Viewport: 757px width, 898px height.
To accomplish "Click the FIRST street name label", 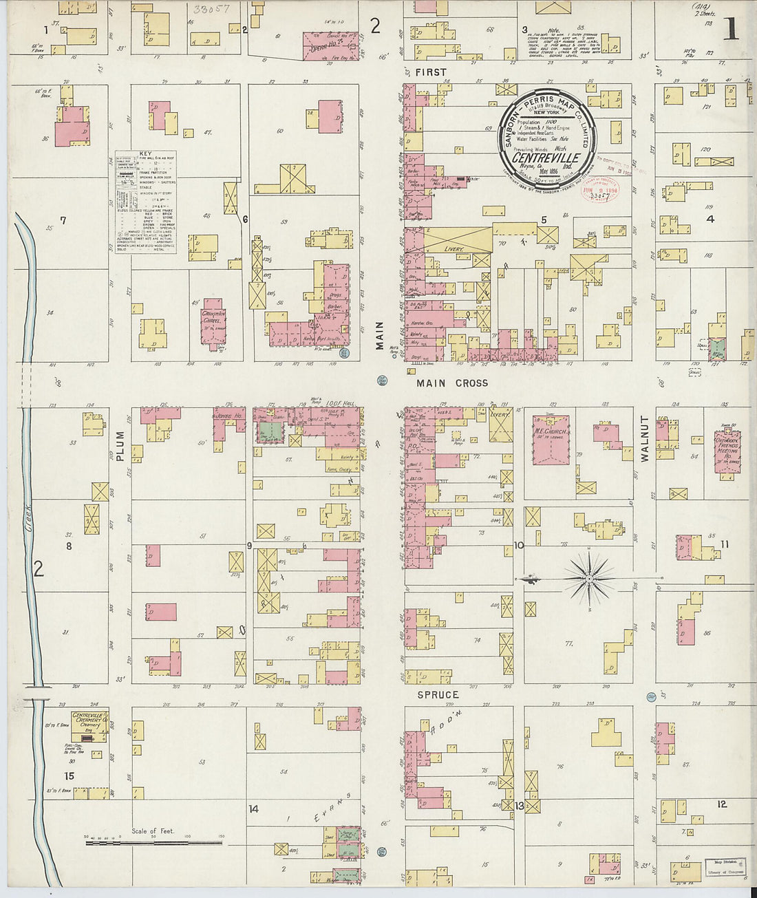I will pos(431,72).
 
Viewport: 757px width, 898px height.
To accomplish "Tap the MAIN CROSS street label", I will pos(452,383).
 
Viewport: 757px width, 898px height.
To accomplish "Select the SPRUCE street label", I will pos(438,695).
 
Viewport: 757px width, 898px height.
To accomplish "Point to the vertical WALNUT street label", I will pos(646,438).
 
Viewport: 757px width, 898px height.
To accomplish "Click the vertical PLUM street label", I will pos(120,445).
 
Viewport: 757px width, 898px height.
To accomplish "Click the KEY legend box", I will pos(145,202).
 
